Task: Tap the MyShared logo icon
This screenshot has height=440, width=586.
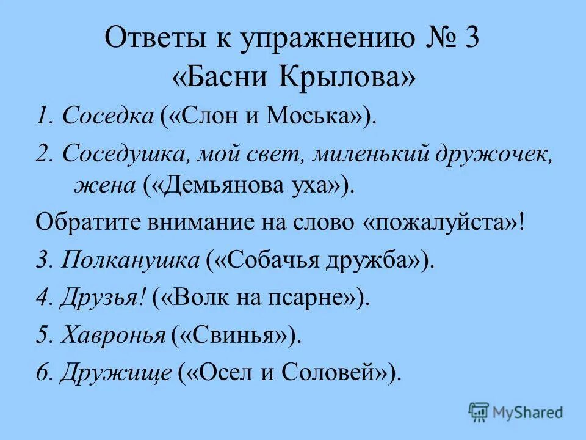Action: (479, 411)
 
